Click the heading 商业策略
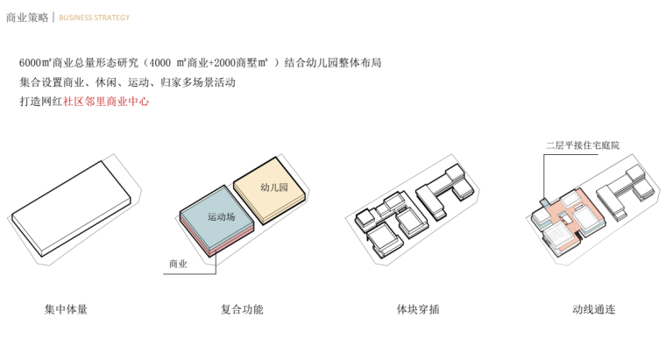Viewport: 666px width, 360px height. pyautogui.click(x=27, y=17)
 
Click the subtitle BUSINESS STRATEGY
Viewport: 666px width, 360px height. pyautogui.click(x=95, y=18)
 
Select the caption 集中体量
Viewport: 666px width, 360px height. pyautogui.click(x=67, y=309)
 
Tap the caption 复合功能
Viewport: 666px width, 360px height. pyautogui.click(x=242, y=309)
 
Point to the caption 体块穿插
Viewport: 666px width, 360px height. pyautogui.click(x=418, y=309)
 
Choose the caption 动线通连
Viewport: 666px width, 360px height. pyautogui.click(x=594, y=309)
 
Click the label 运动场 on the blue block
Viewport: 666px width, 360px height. pyautogui.click(x=221, y=216)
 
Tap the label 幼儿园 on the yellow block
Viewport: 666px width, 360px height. pyautogui.click(x=275, y=187)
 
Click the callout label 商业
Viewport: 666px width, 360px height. pyautogui.click(x=178, y=263)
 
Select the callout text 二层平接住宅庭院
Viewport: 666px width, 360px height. pyautogui.click(x=582, y=145)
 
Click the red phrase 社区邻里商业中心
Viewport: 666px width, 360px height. pyautogui.click(x=107, y=102)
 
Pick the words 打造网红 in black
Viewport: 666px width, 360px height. pyautogui.click(x=40, y=102)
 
